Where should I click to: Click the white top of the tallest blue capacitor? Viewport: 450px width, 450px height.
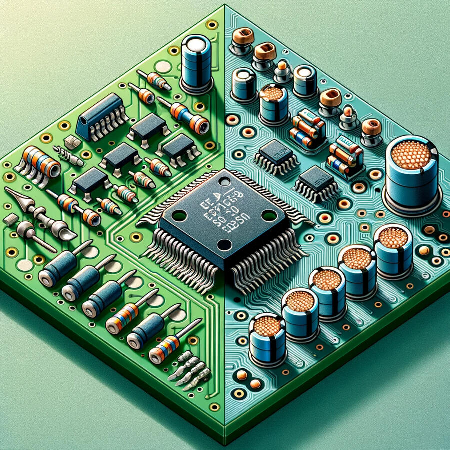(x=195, y=43)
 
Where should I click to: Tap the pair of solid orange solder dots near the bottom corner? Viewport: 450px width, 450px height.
(x=248, y=379)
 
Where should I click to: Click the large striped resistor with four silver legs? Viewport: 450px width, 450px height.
(x=37, y=162)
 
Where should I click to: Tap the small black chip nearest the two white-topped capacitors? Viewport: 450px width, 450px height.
(x=275, y=152)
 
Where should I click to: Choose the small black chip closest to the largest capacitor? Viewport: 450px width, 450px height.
(x=315, y=179)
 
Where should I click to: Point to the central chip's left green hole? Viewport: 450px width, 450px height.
(x=179, y=215)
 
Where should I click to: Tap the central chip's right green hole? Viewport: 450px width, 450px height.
(x=269, y=216)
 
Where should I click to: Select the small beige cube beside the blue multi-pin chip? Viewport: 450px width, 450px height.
(x=72, y=142)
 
